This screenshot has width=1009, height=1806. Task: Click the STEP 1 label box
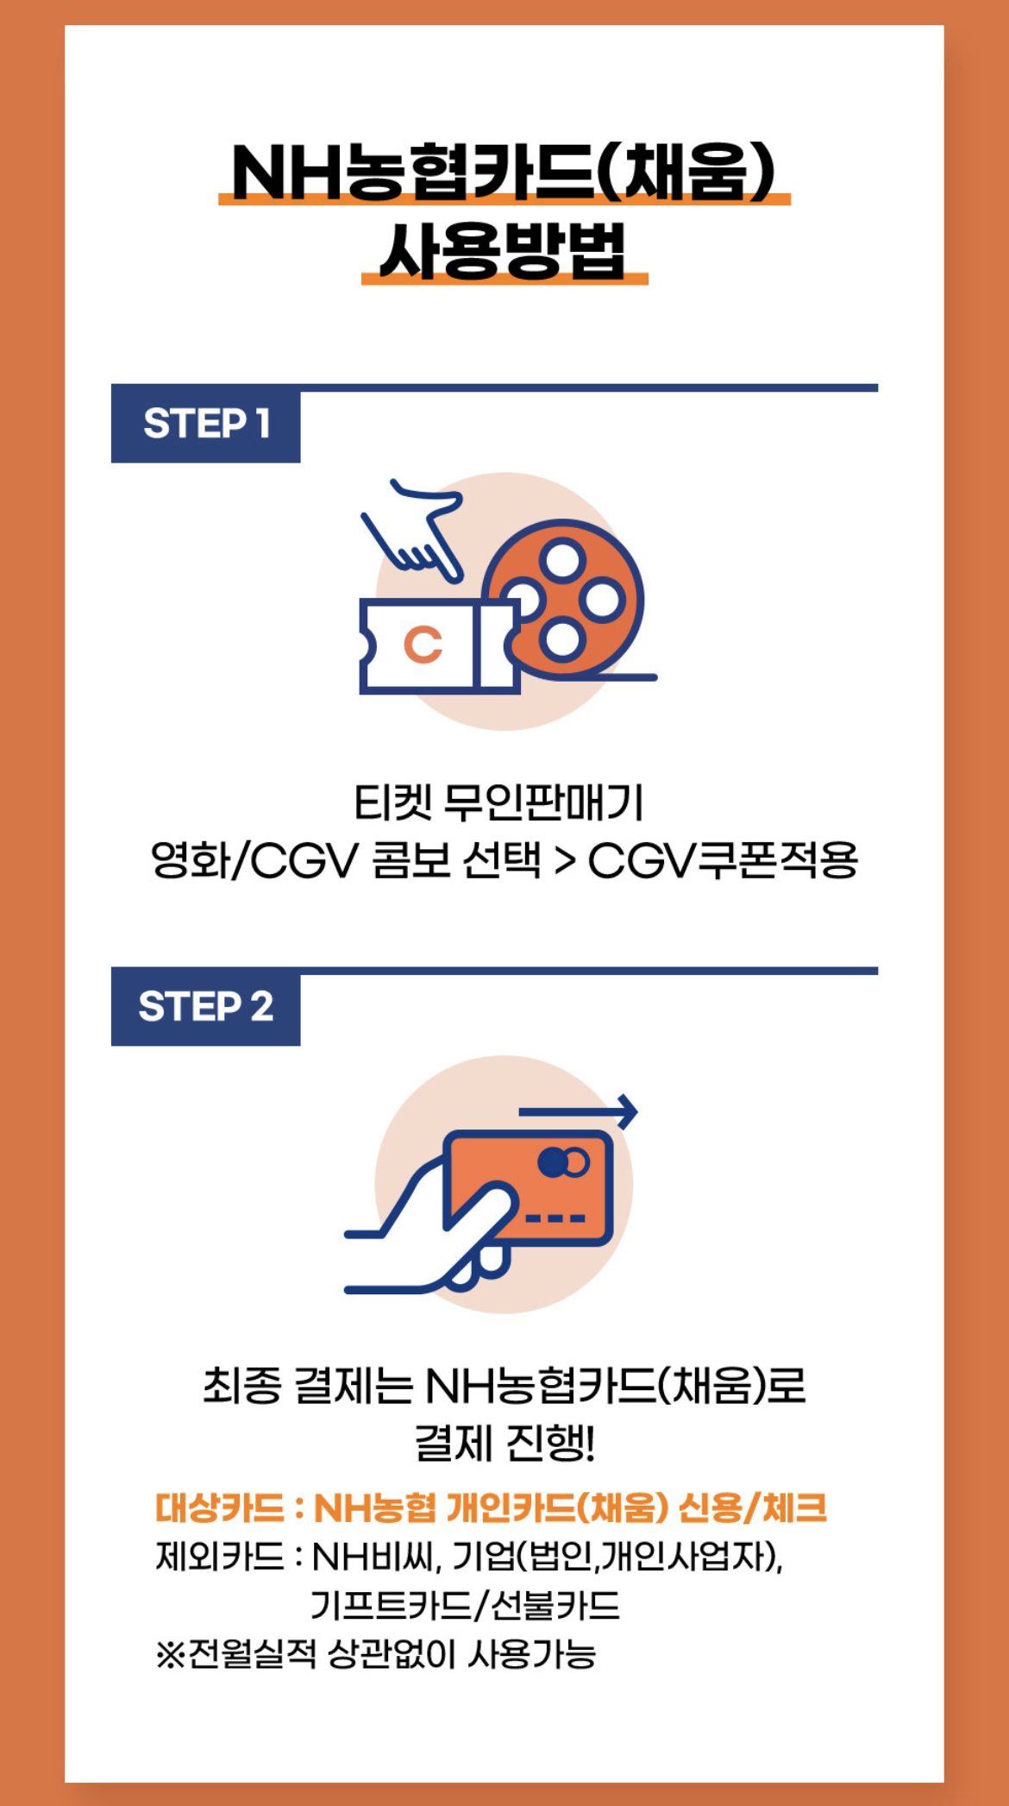206,424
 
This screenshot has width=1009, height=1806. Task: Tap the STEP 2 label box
206,1007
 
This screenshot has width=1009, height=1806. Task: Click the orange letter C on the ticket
423,645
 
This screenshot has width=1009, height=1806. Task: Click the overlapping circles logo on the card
563,1162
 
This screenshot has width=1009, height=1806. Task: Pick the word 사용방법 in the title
504,252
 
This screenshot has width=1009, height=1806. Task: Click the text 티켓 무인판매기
499,803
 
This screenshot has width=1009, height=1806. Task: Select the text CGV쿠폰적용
723,860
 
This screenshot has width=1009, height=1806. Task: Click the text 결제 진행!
504,1443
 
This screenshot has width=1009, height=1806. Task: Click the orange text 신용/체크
753,1507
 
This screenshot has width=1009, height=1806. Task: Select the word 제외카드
220,1556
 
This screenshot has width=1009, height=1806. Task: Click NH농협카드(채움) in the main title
504,171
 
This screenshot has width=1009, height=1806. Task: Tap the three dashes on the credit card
555,1218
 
